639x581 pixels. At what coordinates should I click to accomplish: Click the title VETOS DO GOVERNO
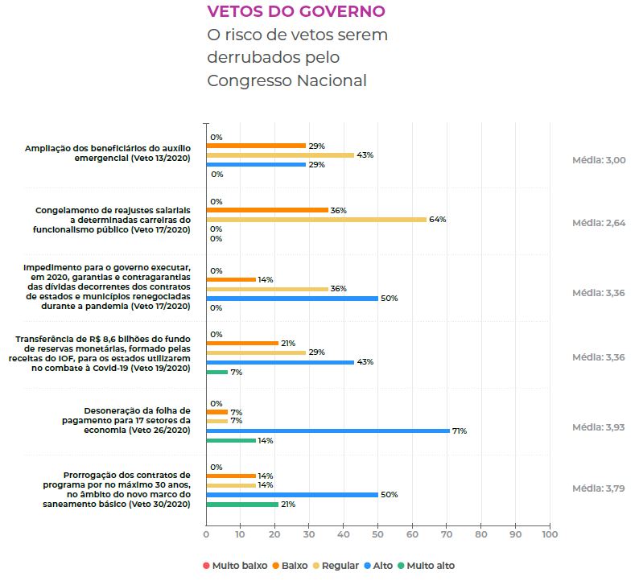point(296,11)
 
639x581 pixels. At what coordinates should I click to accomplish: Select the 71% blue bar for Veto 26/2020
point(328,431)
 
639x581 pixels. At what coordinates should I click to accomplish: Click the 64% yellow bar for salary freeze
point(315,219)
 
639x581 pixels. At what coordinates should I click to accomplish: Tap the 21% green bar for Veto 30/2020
point(242,504)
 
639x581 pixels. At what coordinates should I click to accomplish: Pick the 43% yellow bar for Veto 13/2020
point(280,155)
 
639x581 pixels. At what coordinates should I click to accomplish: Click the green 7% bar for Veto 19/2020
point(217,372)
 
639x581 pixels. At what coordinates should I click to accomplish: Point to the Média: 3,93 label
point(598,426)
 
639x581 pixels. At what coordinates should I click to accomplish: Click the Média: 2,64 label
point(598,223)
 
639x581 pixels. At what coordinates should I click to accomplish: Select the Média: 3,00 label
point(598,160)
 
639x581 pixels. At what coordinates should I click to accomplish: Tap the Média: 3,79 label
point(598,488)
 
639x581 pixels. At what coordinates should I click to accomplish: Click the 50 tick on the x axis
point(377,534)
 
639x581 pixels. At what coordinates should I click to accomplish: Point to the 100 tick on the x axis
point(550,534)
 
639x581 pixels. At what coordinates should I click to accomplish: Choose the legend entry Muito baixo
point(235,566)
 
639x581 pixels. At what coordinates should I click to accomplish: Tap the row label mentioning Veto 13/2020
point(108,154)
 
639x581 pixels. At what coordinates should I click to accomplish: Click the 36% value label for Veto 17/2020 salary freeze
point(338,210)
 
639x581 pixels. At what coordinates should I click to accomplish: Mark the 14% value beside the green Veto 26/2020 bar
point(266,440)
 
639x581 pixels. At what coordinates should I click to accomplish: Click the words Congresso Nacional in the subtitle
point(287,80)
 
